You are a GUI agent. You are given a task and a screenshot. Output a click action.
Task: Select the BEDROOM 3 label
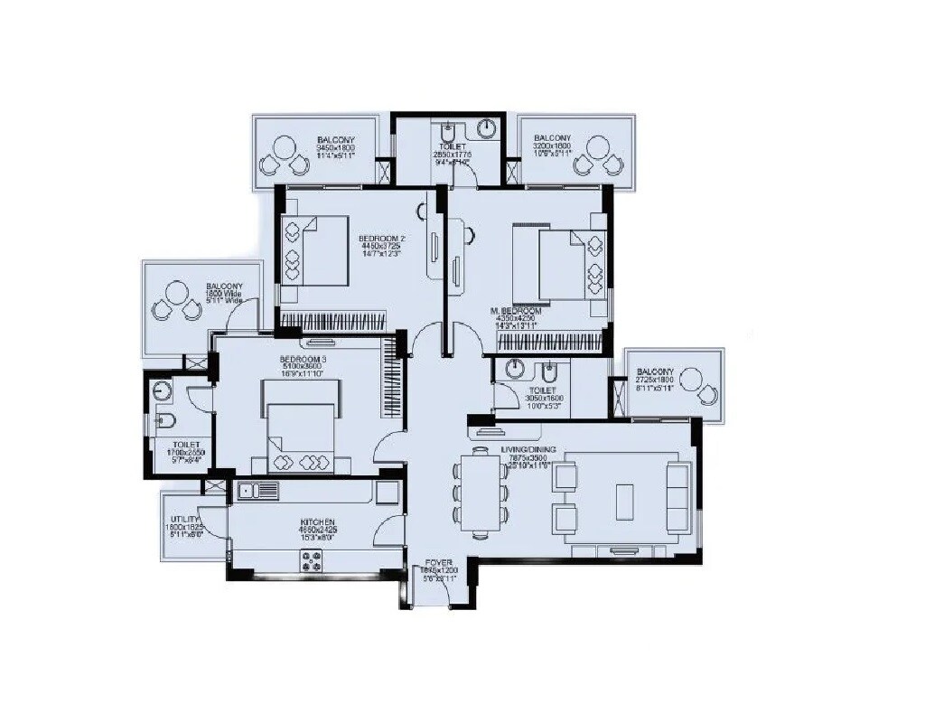299,359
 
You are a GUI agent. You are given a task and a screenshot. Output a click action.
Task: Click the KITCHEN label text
318,523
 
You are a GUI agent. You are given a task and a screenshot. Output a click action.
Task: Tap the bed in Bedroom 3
301,426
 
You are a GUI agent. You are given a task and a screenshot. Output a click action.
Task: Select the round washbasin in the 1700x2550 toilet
163,391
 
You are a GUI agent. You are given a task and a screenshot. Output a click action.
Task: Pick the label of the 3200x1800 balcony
551,140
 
